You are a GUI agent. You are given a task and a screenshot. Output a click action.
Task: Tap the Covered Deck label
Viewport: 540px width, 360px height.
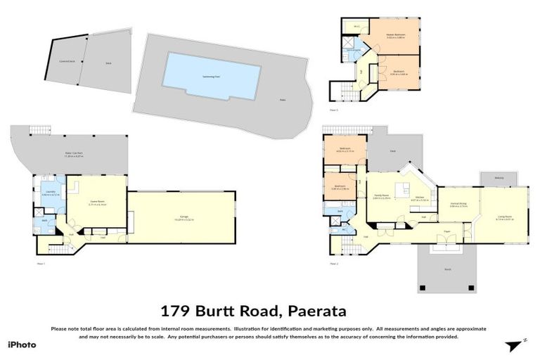[x=58, y=61]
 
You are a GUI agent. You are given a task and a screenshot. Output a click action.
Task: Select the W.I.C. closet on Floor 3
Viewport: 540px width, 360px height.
[x=357, y=27]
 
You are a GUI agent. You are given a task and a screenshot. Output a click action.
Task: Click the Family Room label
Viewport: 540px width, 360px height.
[x=382, y=198]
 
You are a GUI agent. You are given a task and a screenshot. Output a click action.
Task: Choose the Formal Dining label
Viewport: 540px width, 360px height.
[x=458, y=205]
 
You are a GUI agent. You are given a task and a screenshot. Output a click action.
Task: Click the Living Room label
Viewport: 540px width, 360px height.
[x=504, y=217]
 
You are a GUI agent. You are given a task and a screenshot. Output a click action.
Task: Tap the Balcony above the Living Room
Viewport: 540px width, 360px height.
[x=499, y=178]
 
